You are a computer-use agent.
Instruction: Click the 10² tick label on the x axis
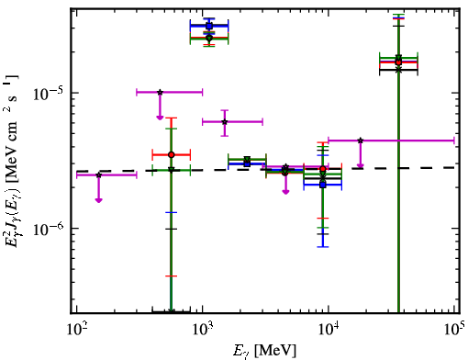click(76, 330)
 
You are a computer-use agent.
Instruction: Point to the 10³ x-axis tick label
click(202, 330)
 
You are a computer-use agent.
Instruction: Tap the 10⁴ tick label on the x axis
click(329, 330)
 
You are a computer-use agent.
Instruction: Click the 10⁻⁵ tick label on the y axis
click(49, 94)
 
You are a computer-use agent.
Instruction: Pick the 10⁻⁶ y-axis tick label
click(49, 229)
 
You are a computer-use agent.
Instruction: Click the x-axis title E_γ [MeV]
click(264, 351)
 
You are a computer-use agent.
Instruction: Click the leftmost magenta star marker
click(98, 175)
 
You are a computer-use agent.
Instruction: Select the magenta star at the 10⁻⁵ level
click(160, 92)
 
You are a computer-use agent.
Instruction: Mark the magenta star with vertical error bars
click(225, 122)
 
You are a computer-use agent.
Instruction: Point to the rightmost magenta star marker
click(361, 141)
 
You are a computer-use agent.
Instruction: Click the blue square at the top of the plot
click(209, 26)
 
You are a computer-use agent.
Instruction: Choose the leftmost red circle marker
click(172, 155)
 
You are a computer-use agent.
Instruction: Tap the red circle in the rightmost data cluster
click(398, 62)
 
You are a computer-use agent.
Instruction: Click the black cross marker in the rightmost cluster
click(398, 70)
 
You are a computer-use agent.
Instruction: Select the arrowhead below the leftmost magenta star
click(98, 200)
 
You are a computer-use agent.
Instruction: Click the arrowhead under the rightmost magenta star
click(361, 166)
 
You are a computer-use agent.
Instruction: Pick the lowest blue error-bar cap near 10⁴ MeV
click(323, 246)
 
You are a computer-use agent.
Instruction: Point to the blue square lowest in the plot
click(323, 185)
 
